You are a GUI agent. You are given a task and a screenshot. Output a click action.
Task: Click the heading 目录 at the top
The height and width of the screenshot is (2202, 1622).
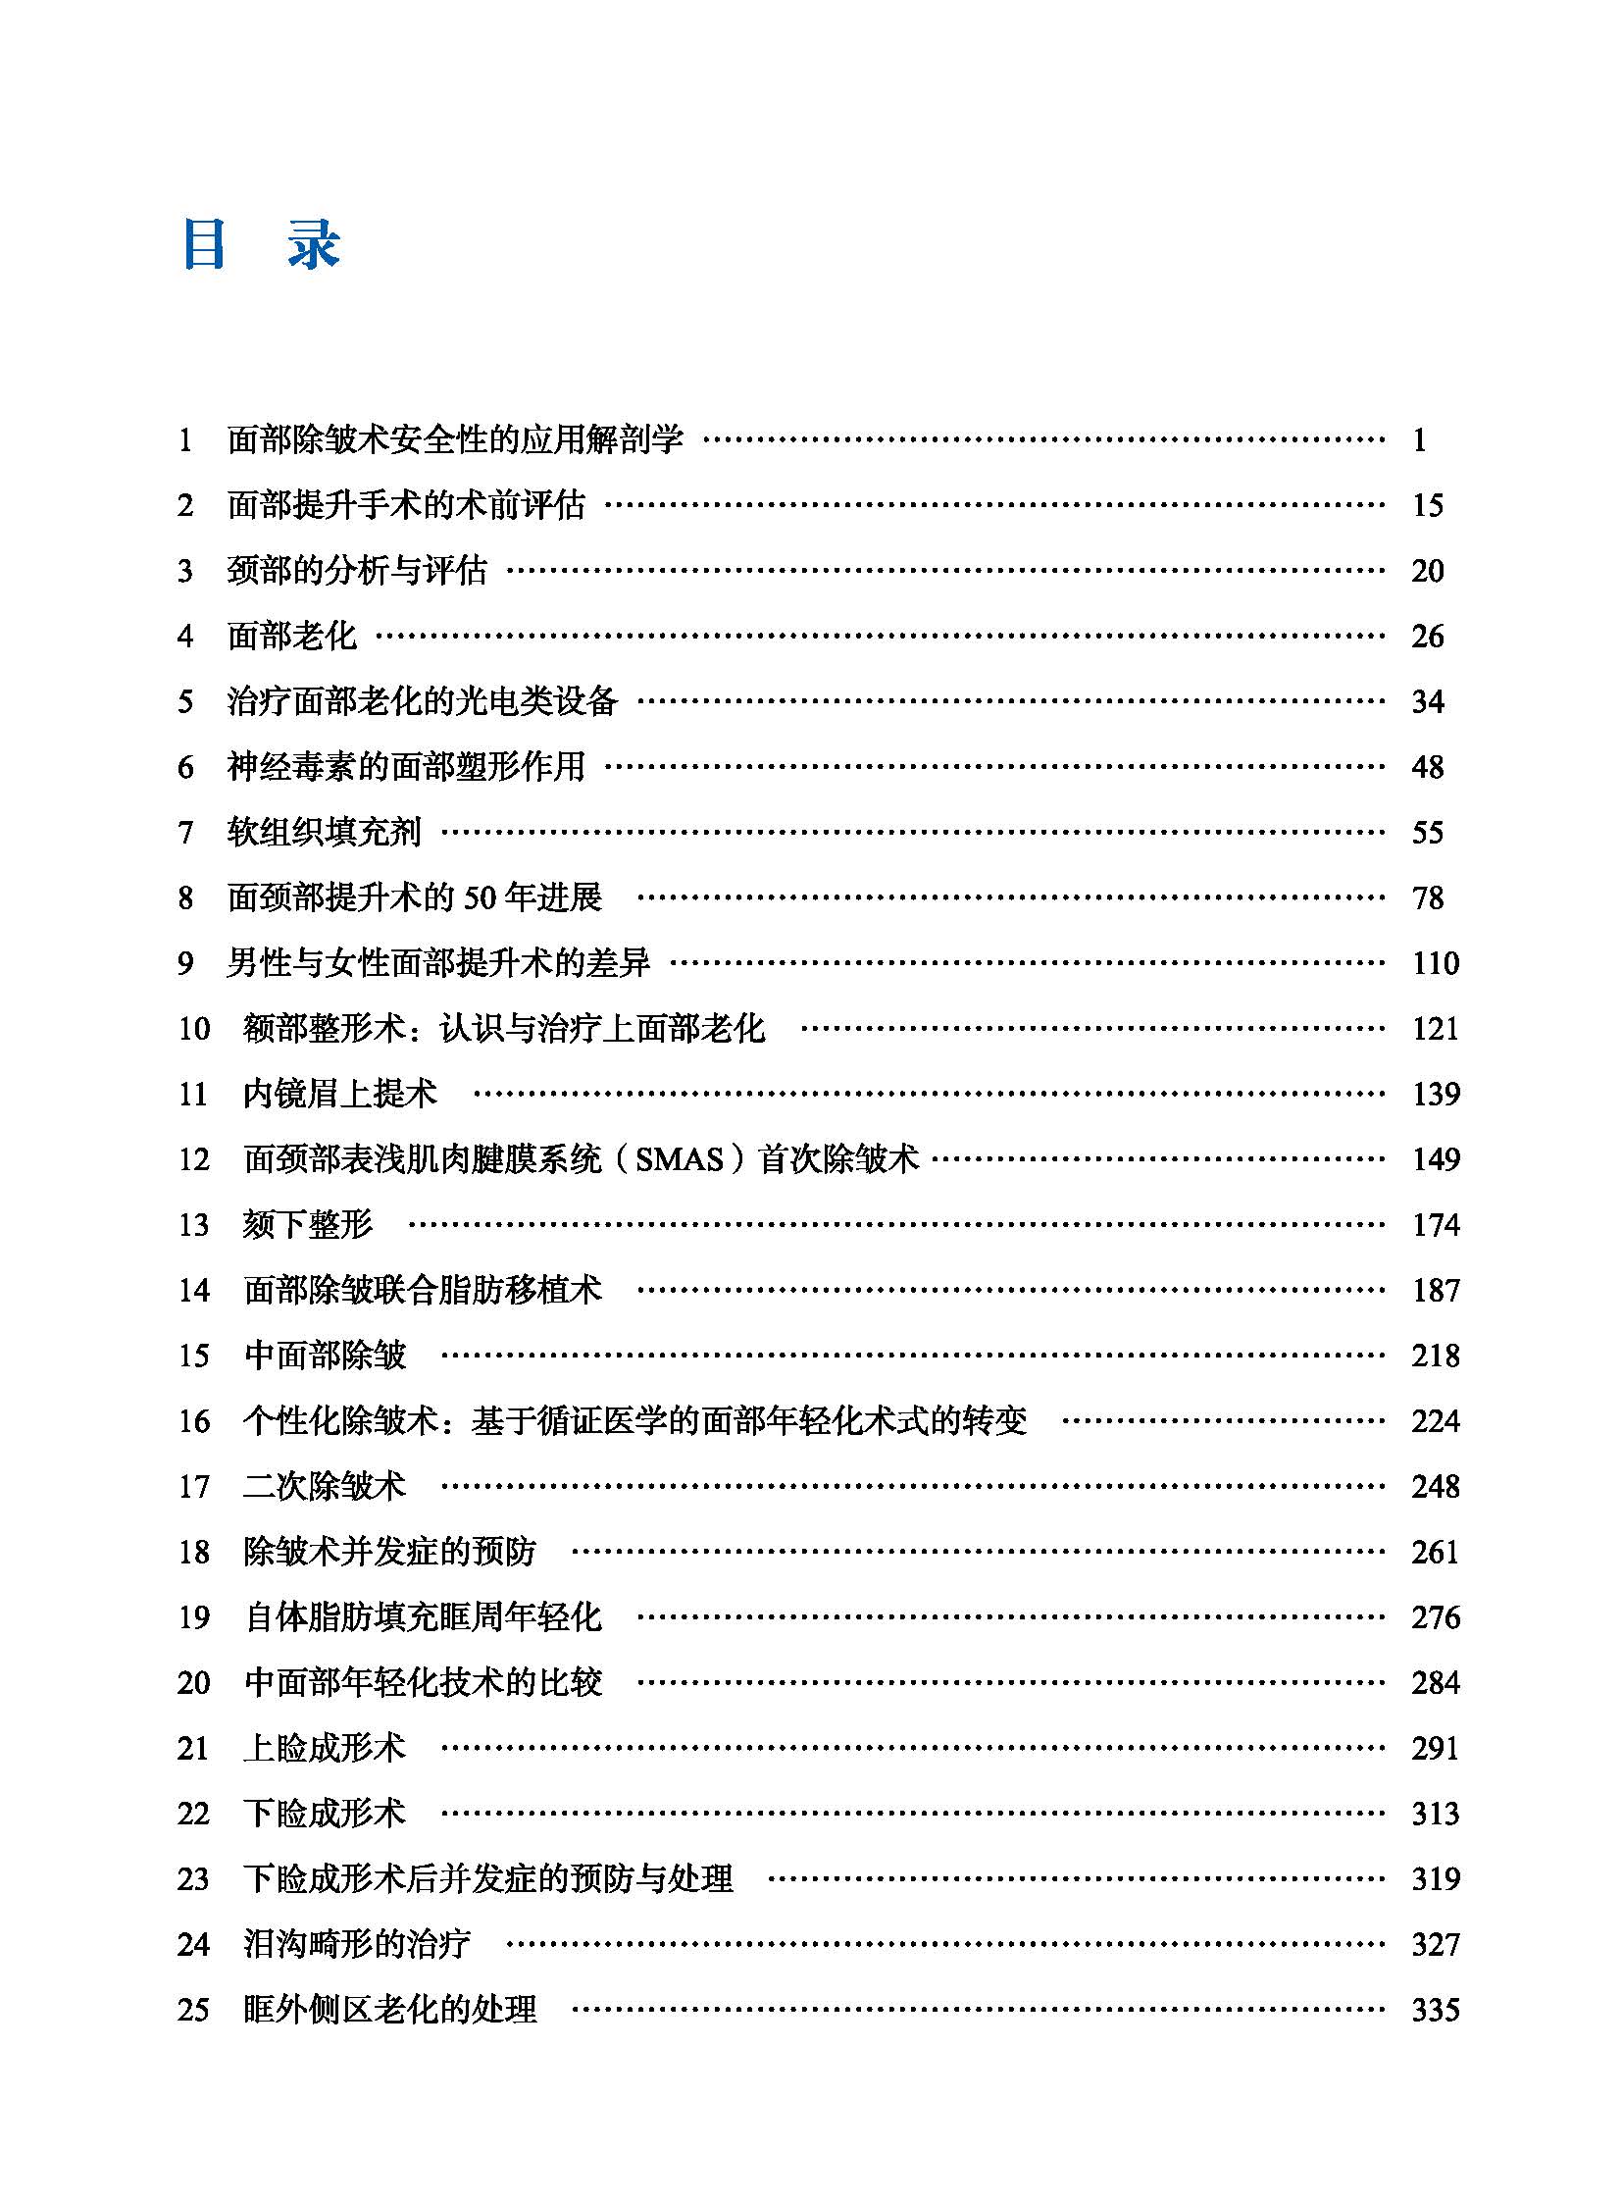[x=261, y=244]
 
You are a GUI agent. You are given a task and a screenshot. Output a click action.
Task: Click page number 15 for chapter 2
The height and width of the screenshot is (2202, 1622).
[x=1427, y=506]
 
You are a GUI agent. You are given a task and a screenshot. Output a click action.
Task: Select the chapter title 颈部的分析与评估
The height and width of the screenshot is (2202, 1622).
[x=356, y=571]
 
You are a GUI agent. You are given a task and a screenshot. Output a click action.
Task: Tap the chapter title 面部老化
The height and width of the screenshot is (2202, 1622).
[x=291, y=637]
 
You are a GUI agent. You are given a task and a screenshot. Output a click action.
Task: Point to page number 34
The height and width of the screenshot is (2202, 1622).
[x=1427, y=702]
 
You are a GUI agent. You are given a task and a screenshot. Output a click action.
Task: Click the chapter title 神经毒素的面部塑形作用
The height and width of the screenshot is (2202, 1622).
[x=406, y=767]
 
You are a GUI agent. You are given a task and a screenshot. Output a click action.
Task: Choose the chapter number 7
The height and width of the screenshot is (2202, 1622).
[x=185, y=833]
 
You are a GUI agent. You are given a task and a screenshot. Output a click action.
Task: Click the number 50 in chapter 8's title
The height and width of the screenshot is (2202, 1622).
[x=492, y=897]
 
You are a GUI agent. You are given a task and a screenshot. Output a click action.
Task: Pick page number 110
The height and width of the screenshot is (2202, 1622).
[x=1436, y=963]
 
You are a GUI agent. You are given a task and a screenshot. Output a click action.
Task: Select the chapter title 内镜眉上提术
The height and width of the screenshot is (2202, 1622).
[x=339, y=1094]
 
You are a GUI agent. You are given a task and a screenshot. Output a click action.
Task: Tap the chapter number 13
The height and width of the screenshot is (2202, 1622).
[x=193, y=1225]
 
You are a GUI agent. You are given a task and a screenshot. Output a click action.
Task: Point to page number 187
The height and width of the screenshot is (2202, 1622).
[x=1436, y=1291]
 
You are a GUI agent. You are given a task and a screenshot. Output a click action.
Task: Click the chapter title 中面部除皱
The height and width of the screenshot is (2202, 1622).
[x=325, y=1357]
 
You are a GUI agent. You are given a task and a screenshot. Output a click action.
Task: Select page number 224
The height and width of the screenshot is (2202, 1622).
[x=1436, y=1421]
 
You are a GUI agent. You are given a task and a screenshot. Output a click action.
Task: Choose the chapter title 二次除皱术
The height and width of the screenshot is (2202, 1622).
[x=324, y=1487]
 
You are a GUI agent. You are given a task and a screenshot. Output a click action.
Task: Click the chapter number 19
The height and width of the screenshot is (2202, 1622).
[x=193, y=1617]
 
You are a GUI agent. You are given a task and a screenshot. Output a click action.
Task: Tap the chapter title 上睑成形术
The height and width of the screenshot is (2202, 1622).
[x=324, y=1748]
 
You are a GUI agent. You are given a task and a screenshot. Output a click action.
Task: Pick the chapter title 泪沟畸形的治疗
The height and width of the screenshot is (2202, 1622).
[x=356, y=1945]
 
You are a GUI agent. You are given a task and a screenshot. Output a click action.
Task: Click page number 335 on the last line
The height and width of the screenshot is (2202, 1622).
[x=1436, y=2011]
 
